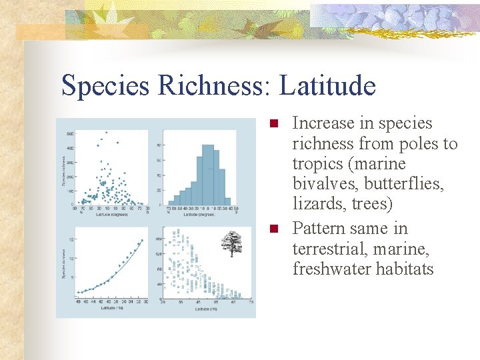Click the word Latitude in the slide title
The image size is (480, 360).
[x=327, y=86]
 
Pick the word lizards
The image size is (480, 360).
[x=317, y=203]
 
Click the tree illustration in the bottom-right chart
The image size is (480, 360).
[x=231, y=244]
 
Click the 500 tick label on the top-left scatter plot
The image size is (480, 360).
[x=69, y=134]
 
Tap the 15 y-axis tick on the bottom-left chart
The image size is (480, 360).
[x=71, y=239]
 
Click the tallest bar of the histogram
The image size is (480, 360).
[x=209, y=174]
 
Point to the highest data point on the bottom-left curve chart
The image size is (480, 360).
[x=141, y=241]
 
